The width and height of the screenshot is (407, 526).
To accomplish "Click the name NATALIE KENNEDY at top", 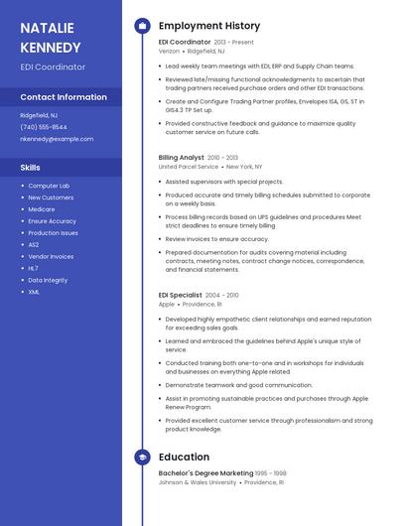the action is [53, 37].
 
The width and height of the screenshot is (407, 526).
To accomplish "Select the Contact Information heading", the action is [64, 97].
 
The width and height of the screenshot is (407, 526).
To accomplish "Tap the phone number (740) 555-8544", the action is [44, 127].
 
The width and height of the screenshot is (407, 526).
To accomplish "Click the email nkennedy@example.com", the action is [56, 139].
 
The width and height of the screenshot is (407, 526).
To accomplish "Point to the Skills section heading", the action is [31, 167].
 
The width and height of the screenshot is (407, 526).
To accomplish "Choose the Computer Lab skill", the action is [49, 186].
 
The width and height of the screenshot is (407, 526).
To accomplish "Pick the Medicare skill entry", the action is [42, 209].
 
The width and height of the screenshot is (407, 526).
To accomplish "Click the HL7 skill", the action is [34, 268].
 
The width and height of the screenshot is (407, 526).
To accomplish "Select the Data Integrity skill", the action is [48, 280].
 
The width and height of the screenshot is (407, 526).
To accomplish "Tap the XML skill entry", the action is [34, 292].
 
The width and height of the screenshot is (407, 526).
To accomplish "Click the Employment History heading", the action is [209, 26].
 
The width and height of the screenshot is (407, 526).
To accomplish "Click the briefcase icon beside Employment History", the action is [142, 26].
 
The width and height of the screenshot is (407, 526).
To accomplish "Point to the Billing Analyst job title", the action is [182, 157].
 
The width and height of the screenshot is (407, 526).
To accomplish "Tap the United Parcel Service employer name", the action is [189, 167].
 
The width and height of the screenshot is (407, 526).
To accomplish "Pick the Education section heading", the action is [184, 458].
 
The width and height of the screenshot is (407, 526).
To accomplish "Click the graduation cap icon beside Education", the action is [142, 458].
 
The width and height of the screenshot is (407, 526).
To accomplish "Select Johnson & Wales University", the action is [198, 482].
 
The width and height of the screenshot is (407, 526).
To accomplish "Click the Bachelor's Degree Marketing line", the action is [206, 473].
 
